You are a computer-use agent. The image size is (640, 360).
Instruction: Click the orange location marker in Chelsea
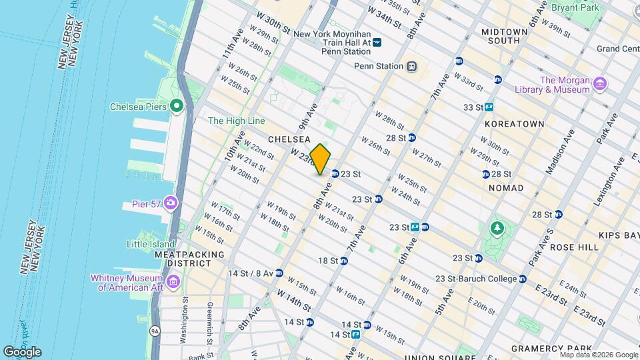(321, 159)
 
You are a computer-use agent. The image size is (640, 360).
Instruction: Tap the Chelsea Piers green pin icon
(177, 105)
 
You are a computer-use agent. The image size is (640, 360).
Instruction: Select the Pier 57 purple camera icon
(171, 203)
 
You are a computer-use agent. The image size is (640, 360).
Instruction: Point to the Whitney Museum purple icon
(173, 282)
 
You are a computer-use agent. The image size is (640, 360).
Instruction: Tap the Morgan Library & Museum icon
(600, 83)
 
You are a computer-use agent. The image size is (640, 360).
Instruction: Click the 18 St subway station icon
(344, 261)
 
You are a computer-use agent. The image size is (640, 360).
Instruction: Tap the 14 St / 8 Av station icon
(279, 273)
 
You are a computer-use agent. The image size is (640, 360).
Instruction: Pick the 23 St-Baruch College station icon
(523, 279)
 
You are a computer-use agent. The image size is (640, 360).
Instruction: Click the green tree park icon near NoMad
(497, 229)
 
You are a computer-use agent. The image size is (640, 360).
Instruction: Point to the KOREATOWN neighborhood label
(515, 124)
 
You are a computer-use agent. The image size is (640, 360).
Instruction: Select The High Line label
(237, 121)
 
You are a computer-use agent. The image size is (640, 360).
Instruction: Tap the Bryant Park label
(576, 7)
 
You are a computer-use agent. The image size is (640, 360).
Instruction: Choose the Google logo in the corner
(22, 351)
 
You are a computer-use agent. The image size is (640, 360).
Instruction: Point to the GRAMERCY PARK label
(551, 348)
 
